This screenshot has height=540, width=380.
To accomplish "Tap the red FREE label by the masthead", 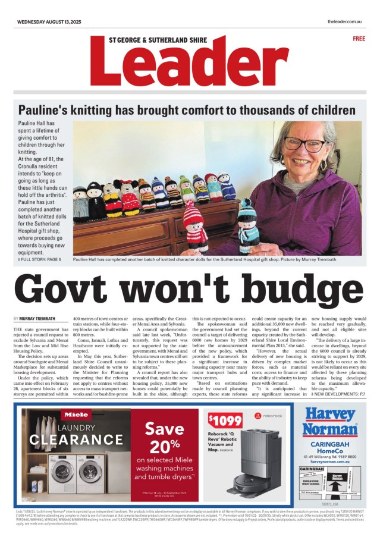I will (x=359, y=39).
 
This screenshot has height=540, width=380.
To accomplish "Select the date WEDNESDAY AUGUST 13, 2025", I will (x=52, y=22).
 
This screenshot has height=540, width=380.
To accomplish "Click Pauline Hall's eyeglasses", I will (x=304, y=145).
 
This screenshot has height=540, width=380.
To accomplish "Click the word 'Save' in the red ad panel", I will (x=164, y=428).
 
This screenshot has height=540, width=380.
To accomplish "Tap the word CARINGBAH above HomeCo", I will (x=329, y=444).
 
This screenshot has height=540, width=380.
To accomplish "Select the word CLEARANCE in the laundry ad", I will (x=76, y=440).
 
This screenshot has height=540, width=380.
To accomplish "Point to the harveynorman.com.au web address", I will (x=329, y=461).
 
